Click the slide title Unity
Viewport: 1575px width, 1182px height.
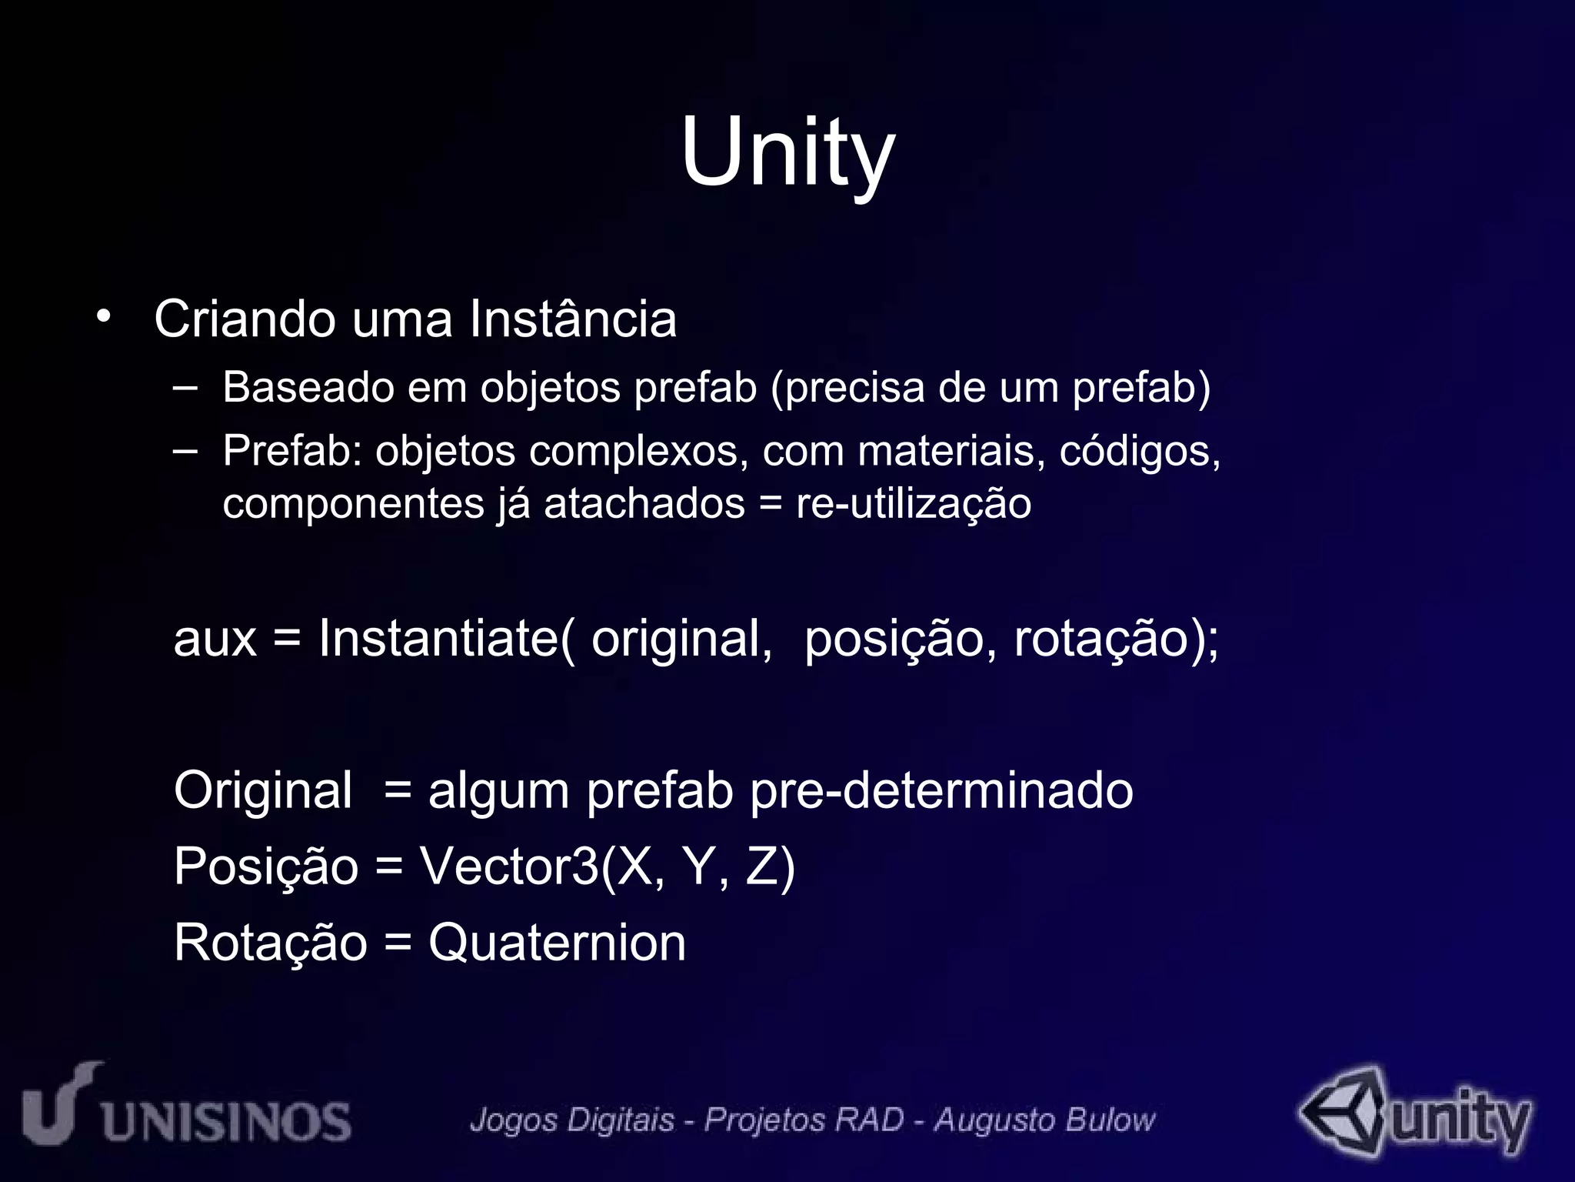click(x=787, y=152)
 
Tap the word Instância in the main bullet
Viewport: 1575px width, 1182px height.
click(x=573, y=319)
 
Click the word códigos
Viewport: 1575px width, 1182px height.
click(x=1140, y=452)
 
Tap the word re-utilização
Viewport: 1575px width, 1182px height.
click(x=914, y=504)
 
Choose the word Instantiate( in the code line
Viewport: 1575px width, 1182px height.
click(x=447, y=638)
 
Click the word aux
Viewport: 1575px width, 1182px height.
click(x=215, y=639)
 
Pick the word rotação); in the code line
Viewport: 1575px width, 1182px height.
click(x=1116, y=639)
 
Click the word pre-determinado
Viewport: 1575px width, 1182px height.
click(x=941, y=790)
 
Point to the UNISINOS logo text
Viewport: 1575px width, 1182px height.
click(x=226, y=1120)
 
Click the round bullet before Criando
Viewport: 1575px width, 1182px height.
click(x=104, y=316)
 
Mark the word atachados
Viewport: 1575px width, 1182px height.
click(x=644, y=504)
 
